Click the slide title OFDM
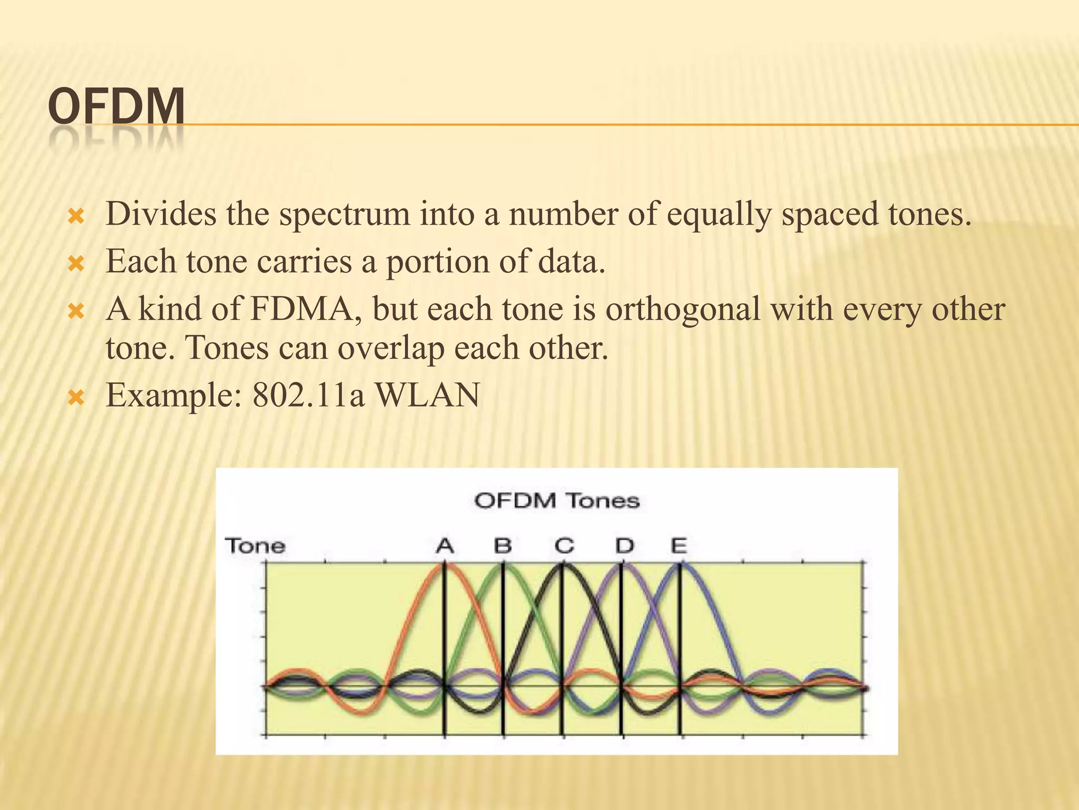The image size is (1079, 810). (x=116, y=107)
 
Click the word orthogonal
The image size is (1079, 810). (x=682, y=310)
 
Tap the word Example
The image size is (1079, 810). (x=173, y=396)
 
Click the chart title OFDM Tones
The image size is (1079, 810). (x=557, y=500)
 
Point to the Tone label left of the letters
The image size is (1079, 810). (x=256, y=545)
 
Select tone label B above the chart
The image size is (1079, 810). (x=503, y=545)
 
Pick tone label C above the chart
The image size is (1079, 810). (x=564, y=545)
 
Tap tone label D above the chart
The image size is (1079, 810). (x=624, y=545)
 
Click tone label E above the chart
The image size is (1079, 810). (x=679, y=545)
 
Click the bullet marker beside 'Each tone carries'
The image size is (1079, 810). (x=77, y=264)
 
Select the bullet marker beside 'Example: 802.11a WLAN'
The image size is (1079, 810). (x=77, y=397)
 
